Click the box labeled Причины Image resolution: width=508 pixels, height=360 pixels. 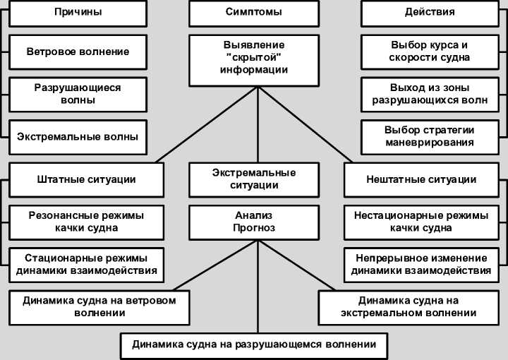78,12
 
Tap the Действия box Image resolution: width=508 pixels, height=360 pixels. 430,12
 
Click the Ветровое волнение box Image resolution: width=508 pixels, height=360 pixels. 78,52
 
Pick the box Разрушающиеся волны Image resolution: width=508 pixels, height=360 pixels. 78,94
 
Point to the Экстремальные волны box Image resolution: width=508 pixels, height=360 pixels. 78,136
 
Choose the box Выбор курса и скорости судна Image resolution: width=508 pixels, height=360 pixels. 430,52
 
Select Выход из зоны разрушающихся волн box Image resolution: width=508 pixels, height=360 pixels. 430,94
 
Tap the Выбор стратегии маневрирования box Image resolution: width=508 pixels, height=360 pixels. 430,136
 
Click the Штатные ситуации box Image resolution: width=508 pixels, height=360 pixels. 86,179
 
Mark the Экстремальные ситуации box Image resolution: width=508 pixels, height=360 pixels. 254,179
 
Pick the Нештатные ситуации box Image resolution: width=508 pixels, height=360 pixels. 421,179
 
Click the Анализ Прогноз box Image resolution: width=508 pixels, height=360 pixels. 254,222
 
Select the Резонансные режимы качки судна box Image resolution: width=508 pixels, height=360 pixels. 86,222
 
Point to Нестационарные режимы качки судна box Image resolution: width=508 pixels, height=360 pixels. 421,222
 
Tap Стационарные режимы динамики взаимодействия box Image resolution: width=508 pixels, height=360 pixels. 86,264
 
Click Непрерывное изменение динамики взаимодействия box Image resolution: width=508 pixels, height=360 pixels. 421,264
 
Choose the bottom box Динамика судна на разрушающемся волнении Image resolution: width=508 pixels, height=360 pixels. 254,345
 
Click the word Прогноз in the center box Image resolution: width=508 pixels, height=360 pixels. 254,228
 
